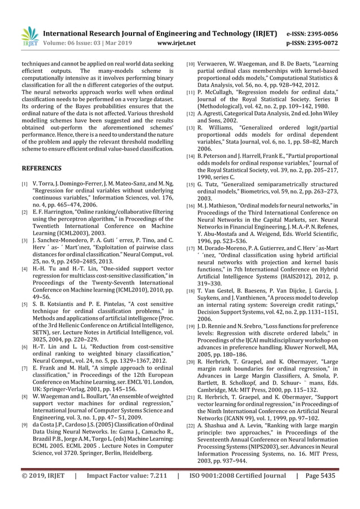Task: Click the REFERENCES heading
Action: point(41,168)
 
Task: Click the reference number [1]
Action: point(23,185)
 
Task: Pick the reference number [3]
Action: point(23,240)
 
